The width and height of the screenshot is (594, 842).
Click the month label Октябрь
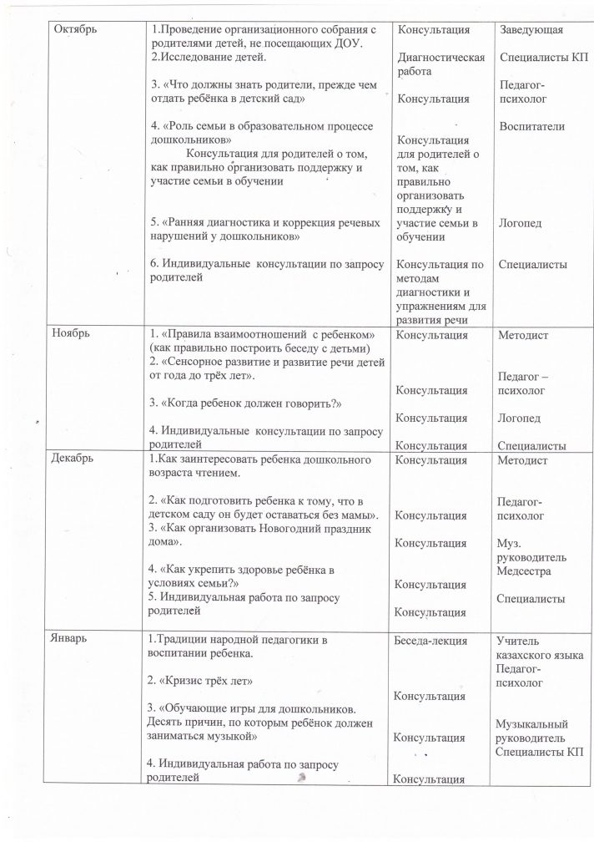tap(75, 30)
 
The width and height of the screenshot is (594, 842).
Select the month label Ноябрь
tap(72, 332)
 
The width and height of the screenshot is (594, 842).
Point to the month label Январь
tap(73, 640)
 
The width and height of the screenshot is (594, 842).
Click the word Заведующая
tap(530, 30)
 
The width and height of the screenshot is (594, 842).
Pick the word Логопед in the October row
tap(518, 223)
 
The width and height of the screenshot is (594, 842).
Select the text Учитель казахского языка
tap(539, 648)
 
